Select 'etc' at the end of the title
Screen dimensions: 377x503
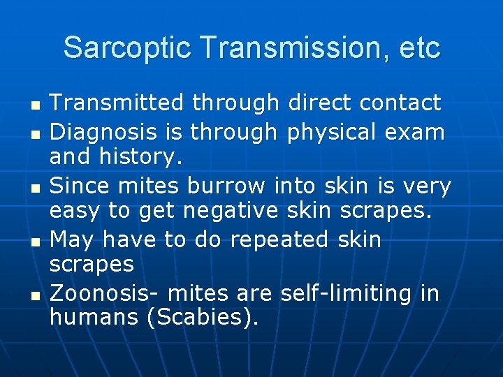tap(421, 48)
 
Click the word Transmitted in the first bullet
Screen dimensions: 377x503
tap(117, 103)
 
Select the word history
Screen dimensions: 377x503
tap(144, 158)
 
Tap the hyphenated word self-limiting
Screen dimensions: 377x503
tap(347, 294)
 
